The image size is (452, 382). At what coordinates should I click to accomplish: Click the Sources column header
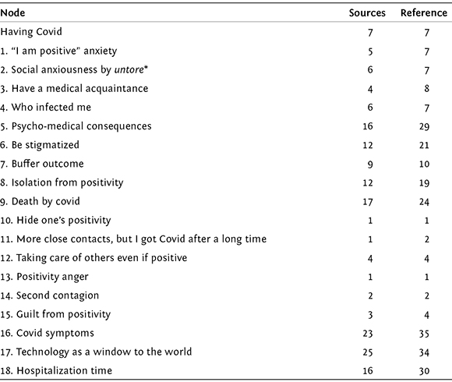click(367, 12)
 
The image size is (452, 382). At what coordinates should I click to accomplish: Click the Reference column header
click(424, 12)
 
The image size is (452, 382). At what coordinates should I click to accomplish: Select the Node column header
click(12, 12)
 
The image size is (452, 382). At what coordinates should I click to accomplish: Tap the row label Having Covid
click(31, 31)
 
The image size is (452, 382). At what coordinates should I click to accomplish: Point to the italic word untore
click(129, 69)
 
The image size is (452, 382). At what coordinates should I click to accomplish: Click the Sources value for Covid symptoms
click(368, 334)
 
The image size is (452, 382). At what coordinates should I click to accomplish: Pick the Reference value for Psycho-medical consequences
click(424, 126)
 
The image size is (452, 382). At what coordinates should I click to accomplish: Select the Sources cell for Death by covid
click(368, 201)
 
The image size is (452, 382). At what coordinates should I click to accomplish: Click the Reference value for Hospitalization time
click(424, 371)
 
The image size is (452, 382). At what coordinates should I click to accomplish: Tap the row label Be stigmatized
click(40, 145)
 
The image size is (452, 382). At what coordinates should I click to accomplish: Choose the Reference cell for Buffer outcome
click(424, 164)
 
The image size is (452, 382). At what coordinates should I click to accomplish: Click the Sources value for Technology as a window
click(368, 352)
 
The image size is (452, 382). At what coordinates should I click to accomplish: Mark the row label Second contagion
click(49, 295)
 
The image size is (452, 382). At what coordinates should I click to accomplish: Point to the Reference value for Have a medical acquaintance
click(426, 89)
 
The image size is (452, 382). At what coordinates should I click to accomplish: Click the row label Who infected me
click(45, 108)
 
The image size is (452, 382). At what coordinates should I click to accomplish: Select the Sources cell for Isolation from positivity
click(368, 182)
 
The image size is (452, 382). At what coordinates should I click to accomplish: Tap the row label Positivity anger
click(44, 277)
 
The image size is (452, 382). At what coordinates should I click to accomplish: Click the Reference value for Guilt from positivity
click(426, 314)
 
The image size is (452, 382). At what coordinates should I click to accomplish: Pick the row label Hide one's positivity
click(55, 221)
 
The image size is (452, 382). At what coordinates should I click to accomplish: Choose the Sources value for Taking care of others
click(370, 258)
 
